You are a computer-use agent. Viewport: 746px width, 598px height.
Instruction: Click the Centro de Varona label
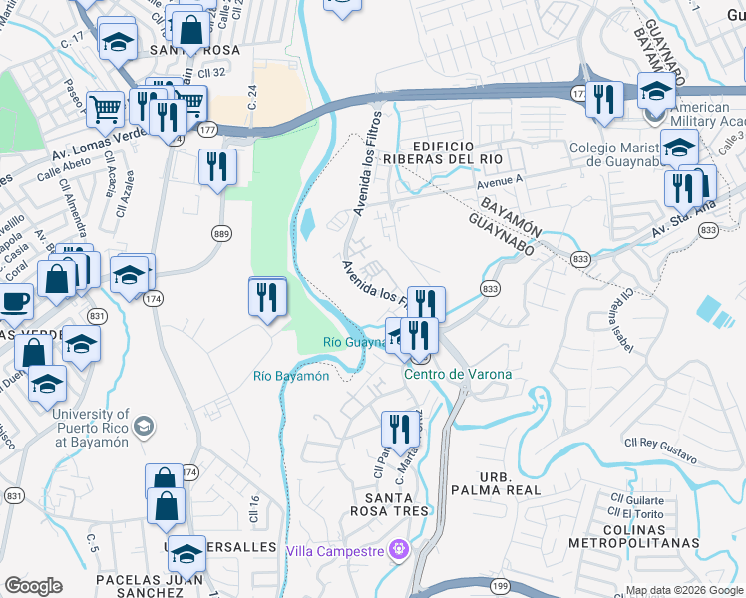click(458, 374)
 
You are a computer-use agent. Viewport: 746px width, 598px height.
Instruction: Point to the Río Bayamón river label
click(291, 376)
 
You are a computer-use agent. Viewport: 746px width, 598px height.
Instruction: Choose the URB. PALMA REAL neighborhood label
click(496, 482)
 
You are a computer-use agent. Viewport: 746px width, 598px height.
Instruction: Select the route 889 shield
click(222, 233)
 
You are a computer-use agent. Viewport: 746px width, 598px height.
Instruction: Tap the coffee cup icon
click(13, 300)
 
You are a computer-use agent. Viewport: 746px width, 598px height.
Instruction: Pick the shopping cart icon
click(104, 108)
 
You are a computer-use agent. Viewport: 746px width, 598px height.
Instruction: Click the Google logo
click(33, 586)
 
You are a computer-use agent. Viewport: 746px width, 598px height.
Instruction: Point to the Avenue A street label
click(500, 182)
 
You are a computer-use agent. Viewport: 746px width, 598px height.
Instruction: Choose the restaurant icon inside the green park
click(267, 296)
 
